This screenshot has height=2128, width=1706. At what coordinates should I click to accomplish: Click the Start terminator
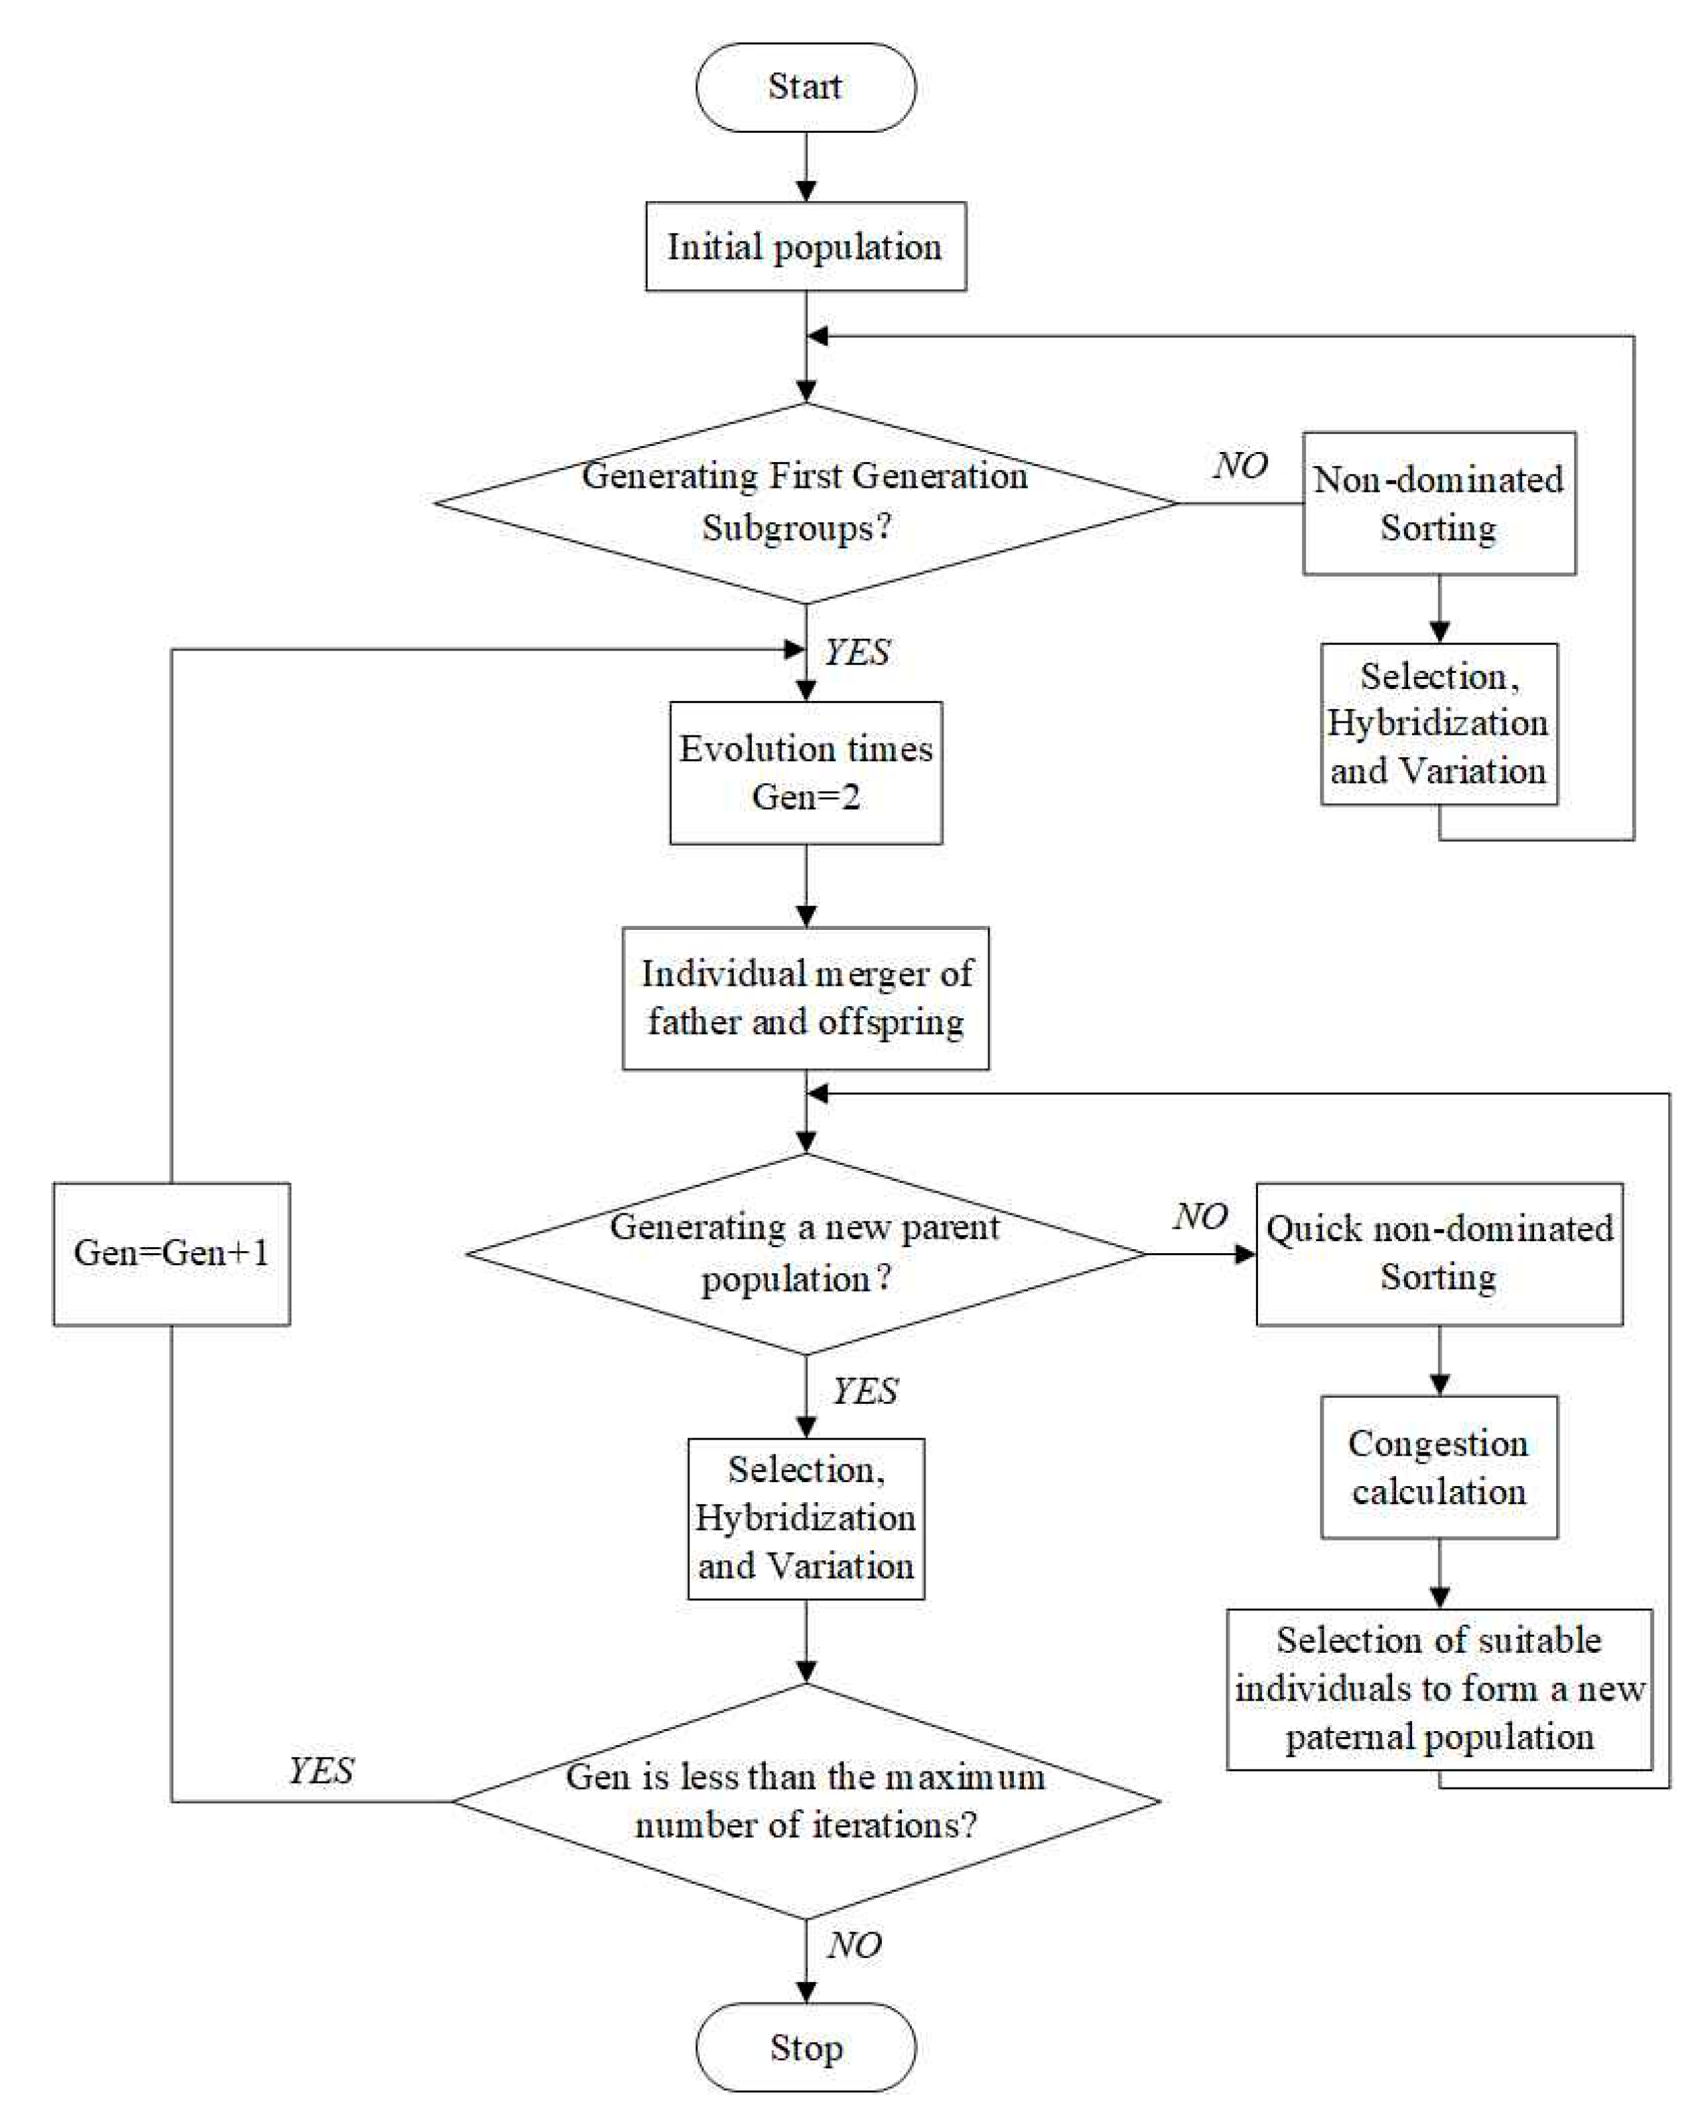coord(805,87)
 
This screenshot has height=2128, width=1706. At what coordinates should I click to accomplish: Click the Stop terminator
coord(805,2048)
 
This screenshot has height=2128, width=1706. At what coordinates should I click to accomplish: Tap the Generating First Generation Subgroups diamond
coord(805,502)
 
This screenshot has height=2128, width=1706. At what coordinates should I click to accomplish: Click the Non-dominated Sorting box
coord(1439,502)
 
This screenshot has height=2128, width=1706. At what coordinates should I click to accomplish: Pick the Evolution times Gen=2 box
coord(805,773)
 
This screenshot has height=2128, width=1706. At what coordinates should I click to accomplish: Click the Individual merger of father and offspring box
coord(805,998)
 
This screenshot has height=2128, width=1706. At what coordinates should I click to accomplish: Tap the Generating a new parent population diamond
coord(805,1254)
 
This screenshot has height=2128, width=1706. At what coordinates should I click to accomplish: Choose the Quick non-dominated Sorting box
coord(1439,1254)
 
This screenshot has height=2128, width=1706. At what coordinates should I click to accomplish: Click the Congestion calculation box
coord(1439,1467)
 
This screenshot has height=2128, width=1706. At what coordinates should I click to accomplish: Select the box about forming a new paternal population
coord(1439,1689)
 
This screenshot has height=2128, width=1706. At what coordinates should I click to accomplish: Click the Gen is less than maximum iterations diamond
coord(805,1801)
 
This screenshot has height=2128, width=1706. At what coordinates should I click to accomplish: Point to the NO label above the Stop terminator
coord(855,1945)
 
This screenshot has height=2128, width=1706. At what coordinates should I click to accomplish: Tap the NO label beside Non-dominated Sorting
coord(1240,465)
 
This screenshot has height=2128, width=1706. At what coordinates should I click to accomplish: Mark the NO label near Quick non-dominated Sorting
coord(1200,1216)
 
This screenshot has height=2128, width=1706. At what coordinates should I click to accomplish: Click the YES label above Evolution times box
coord(857,652)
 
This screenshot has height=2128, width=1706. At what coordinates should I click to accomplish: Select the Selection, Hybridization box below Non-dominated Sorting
coord(1439,723)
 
